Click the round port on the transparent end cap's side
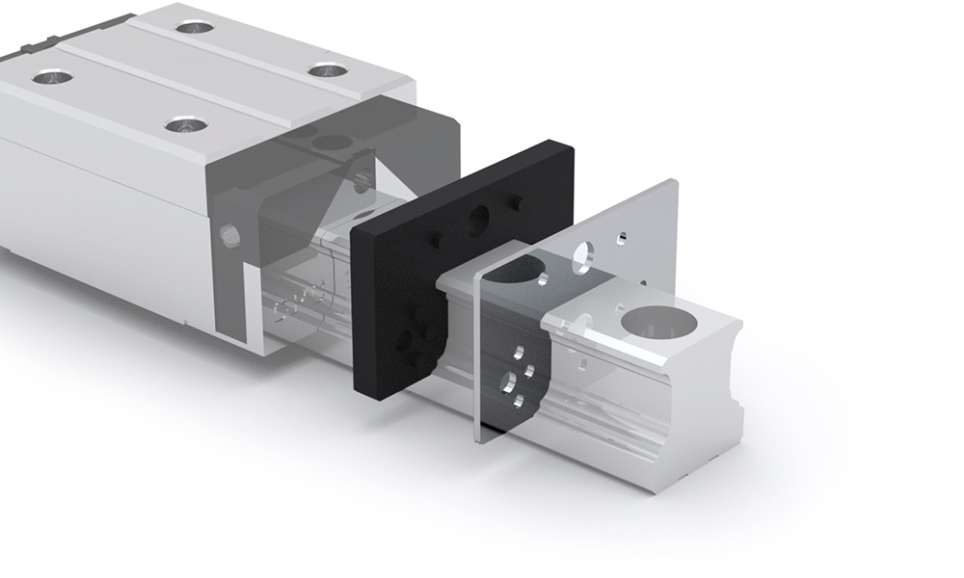click(x=229, y=236)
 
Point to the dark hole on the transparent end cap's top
click(x=332, y=144)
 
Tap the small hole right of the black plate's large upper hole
click(x=517, y=202)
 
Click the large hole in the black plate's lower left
click(x=404, y=338)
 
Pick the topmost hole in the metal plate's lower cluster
click(x=519, y=353)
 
